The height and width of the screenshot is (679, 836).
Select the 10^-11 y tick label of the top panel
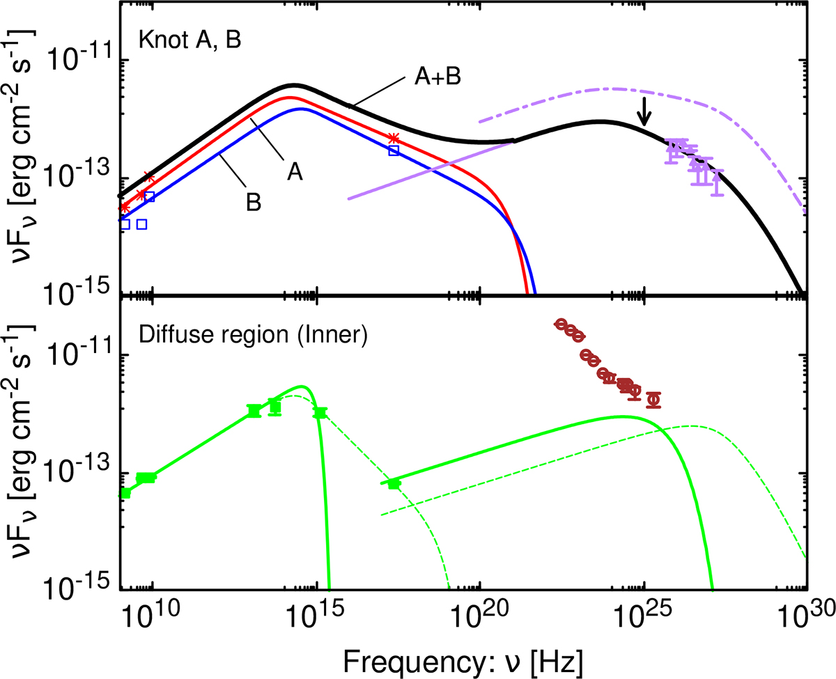click(x=77, y=61)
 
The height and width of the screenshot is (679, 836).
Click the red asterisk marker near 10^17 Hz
click(x=394, y=139)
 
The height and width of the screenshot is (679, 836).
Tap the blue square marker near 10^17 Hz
click(x=394, y=150)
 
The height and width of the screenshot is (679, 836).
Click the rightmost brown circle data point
click(x=653, y=399)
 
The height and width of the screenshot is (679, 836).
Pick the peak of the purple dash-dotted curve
click(x=613, y=88)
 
